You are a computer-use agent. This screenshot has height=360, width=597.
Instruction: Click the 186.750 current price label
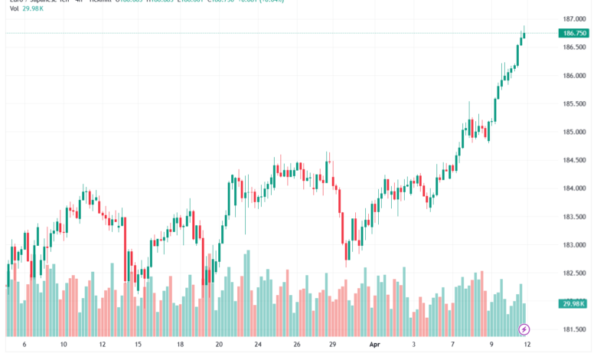click(x=574, y=34)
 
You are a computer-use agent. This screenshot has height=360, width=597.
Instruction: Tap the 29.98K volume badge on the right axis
click(x=574, y=304)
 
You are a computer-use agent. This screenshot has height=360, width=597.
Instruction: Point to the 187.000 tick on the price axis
click(x=574, y=18)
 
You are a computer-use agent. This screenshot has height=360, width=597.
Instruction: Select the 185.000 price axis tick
click(x=574, y=132)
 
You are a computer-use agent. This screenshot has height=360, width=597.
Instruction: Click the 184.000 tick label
click(x=574, y=188)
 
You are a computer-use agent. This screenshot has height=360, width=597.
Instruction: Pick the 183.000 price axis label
click(x=574, y=245)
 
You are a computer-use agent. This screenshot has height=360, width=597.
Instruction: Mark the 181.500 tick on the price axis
click(x=574, y=329)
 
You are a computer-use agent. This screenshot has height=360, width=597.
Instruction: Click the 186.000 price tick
click(x=574, y=75)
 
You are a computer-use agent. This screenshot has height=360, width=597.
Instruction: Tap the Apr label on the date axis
click(x=375, y=345)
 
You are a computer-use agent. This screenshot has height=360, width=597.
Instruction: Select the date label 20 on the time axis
click(x=219, y=345)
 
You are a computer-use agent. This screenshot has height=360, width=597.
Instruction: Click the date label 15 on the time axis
click(x=139, y=345)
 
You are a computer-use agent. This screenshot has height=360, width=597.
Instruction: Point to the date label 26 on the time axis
click(x=297, y=345)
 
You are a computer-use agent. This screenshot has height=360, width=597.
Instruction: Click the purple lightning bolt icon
click(x=524, y=329)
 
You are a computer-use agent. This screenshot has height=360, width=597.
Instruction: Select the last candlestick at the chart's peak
click(x=524, y=34)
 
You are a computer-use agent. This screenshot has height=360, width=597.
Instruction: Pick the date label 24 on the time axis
click(x=258, y=345)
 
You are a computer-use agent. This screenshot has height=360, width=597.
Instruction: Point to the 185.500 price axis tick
click(x=574, y=103)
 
